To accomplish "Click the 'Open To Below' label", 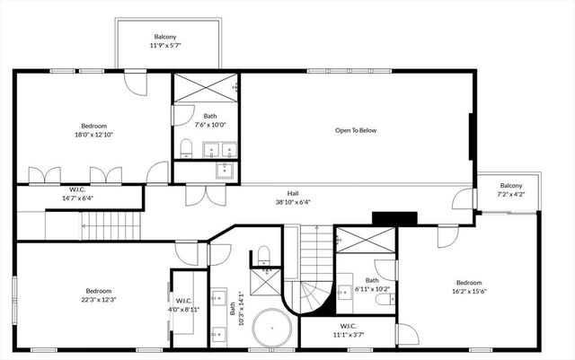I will pos(356,130).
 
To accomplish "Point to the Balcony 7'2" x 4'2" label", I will pos(510,189).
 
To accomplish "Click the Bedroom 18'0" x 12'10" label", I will pos(94,130).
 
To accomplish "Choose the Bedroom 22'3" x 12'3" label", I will pos(99,294).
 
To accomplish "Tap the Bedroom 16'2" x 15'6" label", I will pos(468,286).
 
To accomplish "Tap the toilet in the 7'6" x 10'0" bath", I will pos(185,147).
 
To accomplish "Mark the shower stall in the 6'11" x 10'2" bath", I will pos(365,241).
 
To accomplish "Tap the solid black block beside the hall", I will pos(394,218).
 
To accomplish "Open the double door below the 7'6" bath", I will pos(204,195).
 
